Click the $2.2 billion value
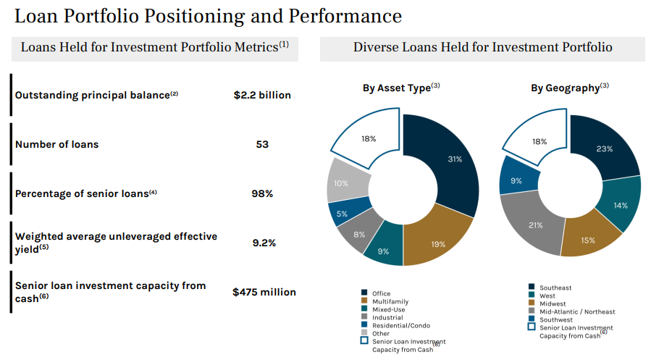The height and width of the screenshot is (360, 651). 262,95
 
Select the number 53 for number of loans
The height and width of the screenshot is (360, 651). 262,144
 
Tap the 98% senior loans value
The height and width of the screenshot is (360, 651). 262,193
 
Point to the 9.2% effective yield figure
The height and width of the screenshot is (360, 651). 264,243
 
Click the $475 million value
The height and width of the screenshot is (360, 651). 264,292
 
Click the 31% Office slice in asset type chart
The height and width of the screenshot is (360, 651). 455,159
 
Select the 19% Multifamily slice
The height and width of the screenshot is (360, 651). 438,243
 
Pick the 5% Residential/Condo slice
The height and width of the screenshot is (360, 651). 342,213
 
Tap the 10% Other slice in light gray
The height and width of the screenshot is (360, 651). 340,183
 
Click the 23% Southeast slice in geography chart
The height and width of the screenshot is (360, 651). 605,148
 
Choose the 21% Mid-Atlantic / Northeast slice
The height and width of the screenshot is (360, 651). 534,225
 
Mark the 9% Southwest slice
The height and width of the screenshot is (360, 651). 516,180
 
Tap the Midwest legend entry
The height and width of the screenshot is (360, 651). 553,304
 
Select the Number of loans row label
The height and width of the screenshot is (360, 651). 56,144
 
